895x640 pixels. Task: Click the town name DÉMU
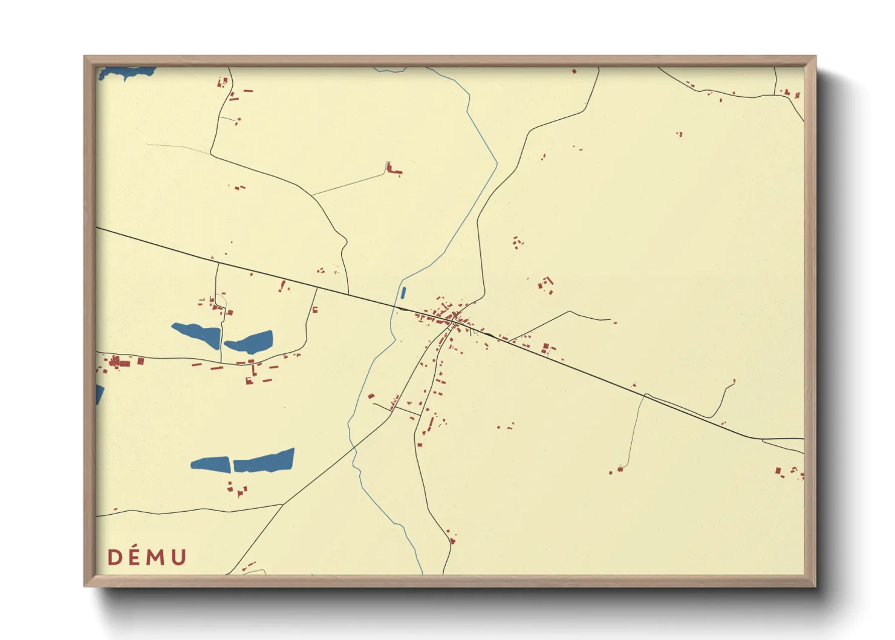click(147, 557)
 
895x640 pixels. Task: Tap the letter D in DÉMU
click(114, 558)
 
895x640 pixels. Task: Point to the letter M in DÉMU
click(157, 558)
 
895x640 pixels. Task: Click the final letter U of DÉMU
click(178, 558)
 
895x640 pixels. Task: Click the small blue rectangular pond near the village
click(403, 293)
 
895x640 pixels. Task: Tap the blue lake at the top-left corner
click(127, 74)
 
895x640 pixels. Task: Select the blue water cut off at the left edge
click(99, 394)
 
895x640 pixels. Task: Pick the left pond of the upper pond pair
click(197, 335)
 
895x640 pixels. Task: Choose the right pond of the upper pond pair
click(250, 342)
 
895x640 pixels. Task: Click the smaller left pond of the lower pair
click(210, 464)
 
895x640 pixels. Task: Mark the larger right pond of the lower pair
click(264, 461)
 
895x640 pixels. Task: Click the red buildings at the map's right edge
click(786, 471)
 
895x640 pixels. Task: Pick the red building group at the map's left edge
click(118, 363)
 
